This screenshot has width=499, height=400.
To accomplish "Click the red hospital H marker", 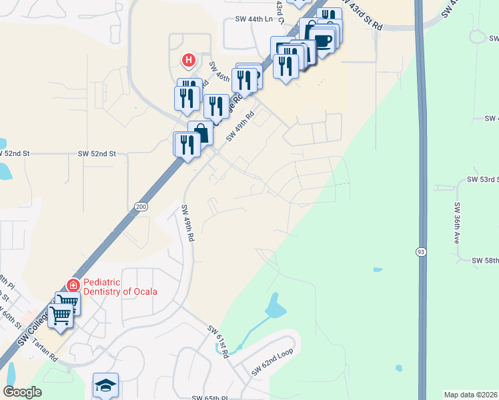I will (x=189, y=61).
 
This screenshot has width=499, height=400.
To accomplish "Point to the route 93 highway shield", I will (x=422, y=251).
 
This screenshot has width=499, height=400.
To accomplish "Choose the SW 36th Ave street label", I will (x=458, y=222).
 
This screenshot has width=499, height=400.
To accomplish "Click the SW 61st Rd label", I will (x=218, y=342).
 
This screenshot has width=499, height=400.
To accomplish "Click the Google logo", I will (x=23, y=392).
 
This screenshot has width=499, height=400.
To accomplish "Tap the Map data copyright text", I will (x=471, y=395).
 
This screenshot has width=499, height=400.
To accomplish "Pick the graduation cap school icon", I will (x=106, y=385).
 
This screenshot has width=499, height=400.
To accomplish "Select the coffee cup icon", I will (x=323, y=41).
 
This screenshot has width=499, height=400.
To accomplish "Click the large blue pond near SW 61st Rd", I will (x=276, y=307).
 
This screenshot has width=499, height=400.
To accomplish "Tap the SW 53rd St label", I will (x=482, y=180).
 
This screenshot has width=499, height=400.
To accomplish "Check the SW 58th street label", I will (x=485, y=260).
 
